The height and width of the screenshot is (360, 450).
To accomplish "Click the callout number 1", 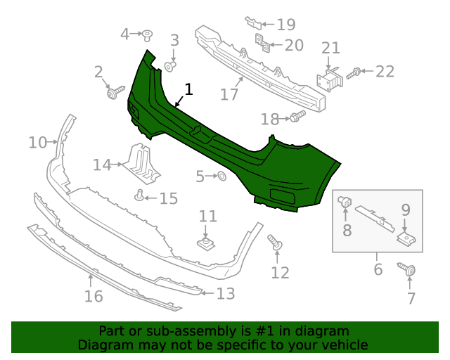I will click(x=188, y=89).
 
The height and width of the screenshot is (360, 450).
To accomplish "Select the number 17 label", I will click(x=229, y=94).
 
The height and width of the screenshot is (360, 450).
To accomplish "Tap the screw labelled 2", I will click(x=115, y=91).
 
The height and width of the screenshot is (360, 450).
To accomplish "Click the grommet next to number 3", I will click(x=169, y=66).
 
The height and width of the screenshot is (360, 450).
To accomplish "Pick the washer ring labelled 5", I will click(x=219, y=176).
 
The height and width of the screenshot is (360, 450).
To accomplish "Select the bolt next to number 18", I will click(x=297, y=117).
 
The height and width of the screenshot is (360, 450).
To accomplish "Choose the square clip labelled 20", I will click(x=262, y=44).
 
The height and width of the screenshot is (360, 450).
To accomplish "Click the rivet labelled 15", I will click(x=140, y=195).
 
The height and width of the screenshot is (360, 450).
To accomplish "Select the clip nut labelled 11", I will click(x=205, y=243).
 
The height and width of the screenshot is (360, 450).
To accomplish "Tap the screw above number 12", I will click(x=275, y=243).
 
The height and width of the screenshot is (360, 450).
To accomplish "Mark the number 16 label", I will click(x=94, y=296).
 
